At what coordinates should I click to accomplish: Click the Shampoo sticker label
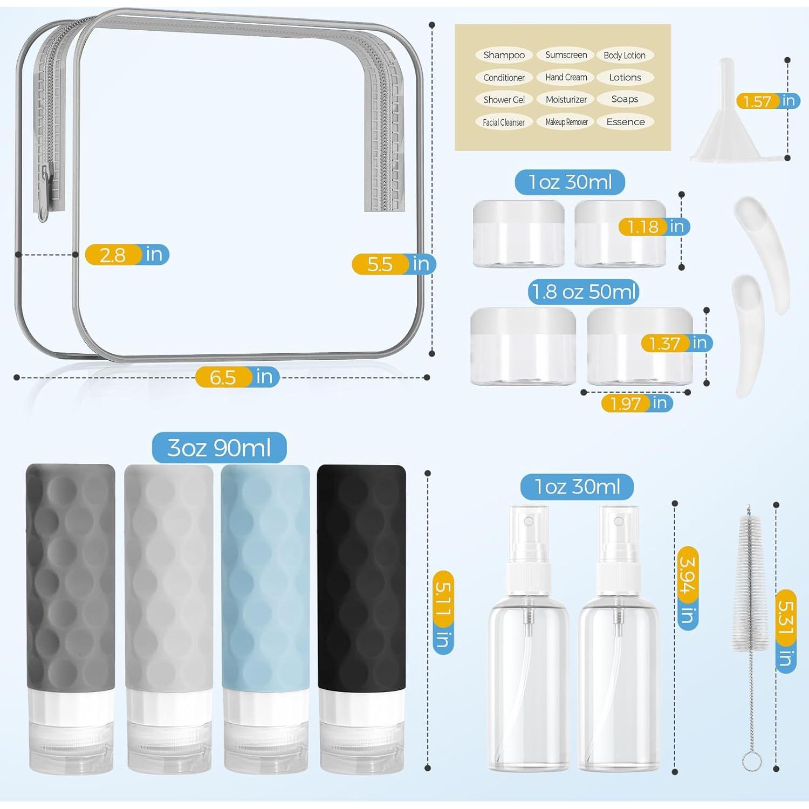pos(504,55)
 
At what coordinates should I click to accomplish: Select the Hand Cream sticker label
pos(566,77)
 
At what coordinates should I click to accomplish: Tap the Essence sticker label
pos(625,122)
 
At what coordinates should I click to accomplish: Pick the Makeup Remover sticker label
pos(566,122)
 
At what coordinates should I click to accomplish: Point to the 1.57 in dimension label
pos(768,101)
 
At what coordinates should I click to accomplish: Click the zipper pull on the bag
pos(45,194)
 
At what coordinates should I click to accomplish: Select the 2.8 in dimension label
pos(127,255)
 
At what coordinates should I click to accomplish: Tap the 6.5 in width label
pos(237,377)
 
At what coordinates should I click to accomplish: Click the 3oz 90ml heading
pos(219,448)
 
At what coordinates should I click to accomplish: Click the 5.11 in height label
pos(443,613)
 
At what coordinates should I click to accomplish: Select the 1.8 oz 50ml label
pos(584,292)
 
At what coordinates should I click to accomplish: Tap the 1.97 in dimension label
pos(637,403)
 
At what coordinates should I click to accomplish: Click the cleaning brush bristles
pos(748,582)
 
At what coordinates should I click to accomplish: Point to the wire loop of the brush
pos(752,761)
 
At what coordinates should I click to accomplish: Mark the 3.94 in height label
pos(687,588)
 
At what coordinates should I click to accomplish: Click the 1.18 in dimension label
pos(654,227)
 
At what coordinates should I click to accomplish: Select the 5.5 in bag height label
pos(394,264)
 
